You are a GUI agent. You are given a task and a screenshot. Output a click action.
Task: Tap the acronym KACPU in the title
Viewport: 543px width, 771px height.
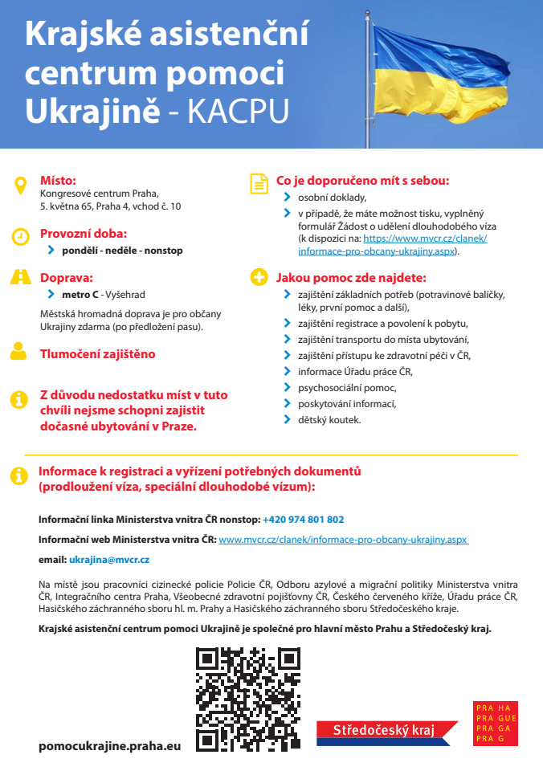(x=238, y=112)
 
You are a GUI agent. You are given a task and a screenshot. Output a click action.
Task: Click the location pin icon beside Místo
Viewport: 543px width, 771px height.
(x=20, y=186)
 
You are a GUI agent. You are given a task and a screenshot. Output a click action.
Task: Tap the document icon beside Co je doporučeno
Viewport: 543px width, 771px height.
(x=259, y=184)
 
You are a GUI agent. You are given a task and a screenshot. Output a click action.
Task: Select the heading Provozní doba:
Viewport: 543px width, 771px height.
(x=84, y=235)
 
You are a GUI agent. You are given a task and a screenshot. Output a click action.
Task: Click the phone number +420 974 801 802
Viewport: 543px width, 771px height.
(x=303, y=520)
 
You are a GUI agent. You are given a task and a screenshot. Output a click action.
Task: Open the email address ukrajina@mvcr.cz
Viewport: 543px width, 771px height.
(x=109, y=559)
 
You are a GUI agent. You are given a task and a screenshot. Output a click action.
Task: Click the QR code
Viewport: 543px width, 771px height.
(x=248, y=699)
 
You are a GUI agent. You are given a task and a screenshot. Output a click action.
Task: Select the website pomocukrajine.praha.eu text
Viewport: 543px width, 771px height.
(x=110, y=745)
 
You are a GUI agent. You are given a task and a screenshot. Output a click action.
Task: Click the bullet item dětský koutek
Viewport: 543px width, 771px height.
(x=329, y=419)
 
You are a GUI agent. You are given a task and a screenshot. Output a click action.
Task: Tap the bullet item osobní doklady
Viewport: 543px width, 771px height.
(x=332, y=197)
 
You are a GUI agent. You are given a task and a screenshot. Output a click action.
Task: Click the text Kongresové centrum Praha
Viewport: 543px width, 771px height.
(x=100, y=194)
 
